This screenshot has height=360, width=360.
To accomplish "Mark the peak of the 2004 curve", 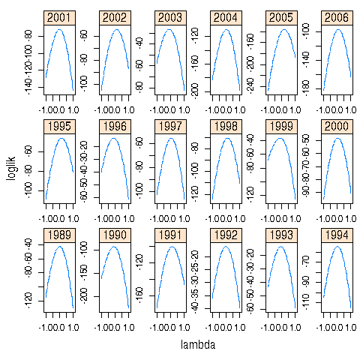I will point(228,30).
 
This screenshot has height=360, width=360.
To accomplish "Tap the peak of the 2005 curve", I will point(284,30).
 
